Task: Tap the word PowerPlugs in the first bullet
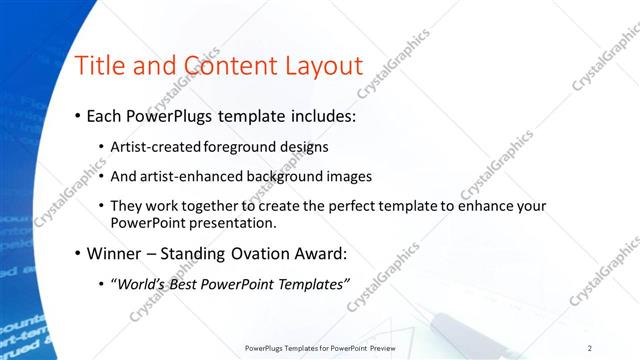pyautogui.click(x=172, y=117)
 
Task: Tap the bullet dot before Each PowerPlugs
pyautogui.click(x=78, y=117)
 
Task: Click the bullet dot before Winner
pyautogui.click(x=78, y=253)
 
